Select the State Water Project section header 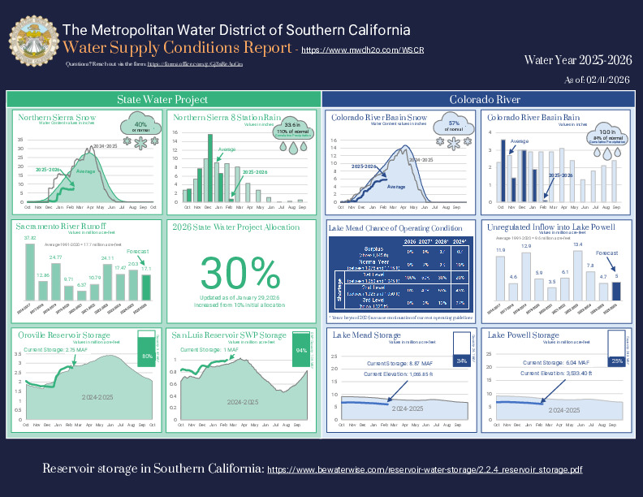[162, 99]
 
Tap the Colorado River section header [485, 99]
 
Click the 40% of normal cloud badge [140, 127]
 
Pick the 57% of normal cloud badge [455, 127]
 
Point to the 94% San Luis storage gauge [301, 349]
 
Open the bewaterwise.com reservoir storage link [424, 469]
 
